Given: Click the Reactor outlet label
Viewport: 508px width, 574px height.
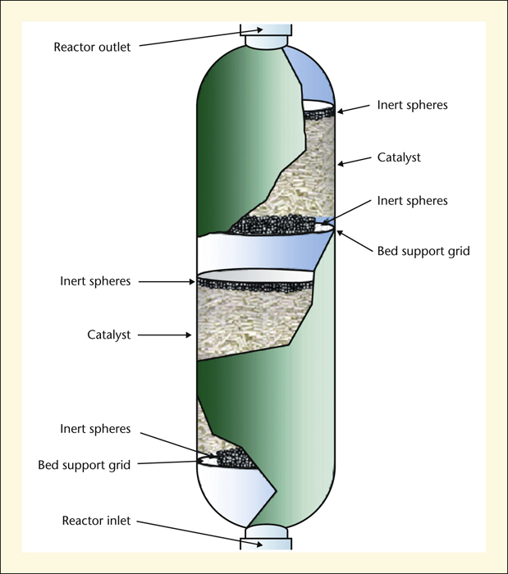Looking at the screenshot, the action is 92,48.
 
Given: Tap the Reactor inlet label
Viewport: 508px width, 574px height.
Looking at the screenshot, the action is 96,521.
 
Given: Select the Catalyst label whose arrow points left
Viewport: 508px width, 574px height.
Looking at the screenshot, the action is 399,157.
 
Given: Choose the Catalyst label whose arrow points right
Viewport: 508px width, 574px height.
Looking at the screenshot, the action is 109,335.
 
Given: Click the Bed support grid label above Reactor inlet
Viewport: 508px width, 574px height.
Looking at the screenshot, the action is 85,465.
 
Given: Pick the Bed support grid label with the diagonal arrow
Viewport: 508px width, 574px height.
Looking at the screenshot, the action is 423,251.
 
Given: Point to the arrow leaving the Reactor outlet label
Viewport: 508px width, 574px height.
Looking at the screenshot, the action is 201,38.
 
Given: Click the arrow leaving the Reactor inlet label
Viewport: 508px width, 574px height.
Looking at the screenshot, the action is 199,533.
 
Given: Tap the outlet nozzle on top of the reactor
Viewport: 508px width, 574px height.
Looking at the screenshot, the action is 266,36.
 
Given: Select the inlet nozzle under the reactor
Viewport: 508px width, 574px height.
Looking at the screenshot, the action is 266,538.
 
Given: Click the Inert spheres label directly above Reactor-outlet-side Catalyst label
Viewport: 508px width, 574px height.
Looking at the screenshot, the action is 413,106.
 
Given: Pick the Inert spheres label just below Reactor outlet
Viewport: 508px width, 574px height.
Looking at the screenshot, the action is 413,106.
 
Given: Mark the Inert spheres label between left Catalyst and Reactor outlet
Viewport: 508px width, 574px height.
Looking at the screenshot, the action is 95,281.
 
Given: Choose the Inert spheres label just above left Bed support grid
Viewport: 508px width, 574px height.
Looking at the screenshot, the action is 95,429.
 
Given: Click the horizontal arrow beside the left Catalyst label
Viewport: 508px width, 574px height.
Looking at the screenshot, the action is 165,335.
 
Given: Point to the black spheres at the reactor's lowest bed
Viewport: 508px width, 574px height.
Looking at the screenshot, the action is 235,458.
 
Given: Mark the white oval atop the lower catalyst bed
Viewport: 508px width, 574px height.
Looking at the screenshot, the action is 255,276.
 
